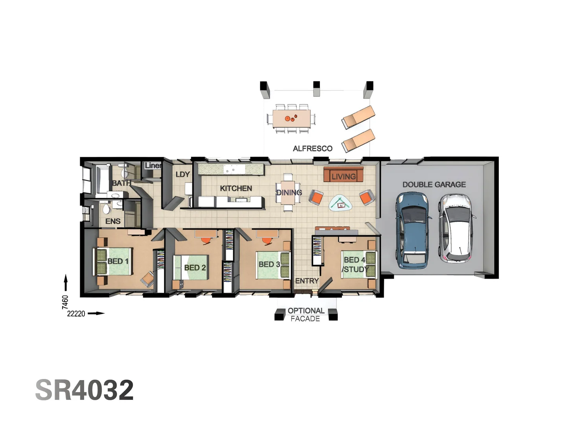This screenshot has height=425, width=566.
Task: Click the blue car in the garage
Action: point(412,230)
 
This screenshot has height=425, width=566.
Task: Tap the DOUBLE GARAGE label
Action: point(434,185)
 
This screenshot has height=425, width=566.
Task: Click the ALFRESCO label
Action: point(312,149)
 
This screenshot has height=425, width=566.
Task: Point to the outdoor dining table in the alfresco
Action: point(291,118)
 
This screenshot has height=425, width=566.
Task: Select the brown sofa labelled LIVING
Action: point(343,175)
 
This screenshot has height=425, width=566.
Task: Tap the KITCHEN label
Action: point(236,188)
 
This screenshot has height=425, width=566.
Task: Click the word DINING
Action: point(289,192)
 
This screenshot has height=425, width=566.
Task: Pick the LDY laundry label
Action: point(182,174)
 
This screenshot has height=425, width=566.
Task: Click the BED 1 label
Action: point(118,261)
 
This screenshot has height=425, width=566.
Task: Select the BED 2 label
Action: point(195,268)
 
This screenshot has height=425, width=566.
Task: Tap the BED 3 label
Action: point(269,264)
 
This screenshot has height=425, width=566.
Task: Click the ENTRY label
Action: point(307,281)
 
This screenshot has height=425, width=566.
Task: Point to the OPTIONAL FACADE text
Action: point(306,314)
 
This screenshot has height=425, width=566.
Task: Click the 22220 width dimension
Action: point(76,314)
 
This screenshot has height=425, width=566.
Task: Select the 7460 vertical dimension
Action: point(65,302)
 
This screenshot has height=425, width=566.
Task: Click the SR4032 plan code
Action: point(85,390)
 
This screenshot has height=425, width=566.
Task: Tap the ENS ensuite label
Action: point(113,222)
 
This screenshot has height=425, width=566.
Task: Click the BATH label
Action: point(121,183)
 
